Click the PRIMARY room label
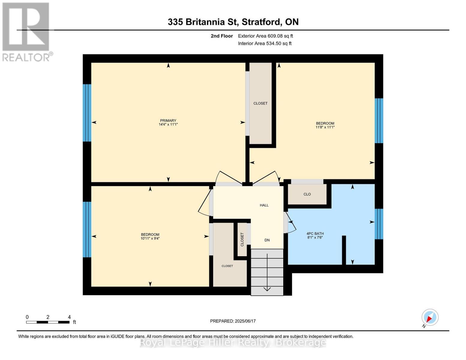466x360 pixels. point(168,121)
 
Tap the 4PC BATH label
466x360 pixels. point(315,233)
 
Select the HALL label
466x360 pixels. point(264,205)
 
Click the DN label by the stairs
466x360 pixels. point(267,240)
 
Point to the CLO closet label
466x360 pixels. point(307,194)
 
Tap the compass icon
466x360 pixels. point(430,317)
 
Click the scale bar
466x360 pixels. point(48,322)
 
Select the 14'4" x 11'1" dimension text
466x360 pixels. point(168,124)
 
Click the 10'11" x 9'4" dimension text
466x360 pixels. point(150,238)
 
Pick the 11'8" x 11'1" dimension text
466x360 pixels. point(325,127)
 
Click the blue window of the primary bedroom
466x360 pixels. point(87,112)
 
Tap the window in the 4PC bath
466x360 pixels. point(379,224)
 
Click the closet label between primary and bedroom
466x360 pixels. point(260,103)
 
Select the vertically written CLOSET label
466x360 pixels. point(242,239)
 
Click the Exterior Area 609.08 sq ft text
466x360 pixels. point(265,36)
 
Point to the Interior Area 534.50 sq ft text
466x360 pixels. point(265,43)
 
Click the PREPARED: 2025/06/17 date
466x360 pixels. point(233,321)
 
